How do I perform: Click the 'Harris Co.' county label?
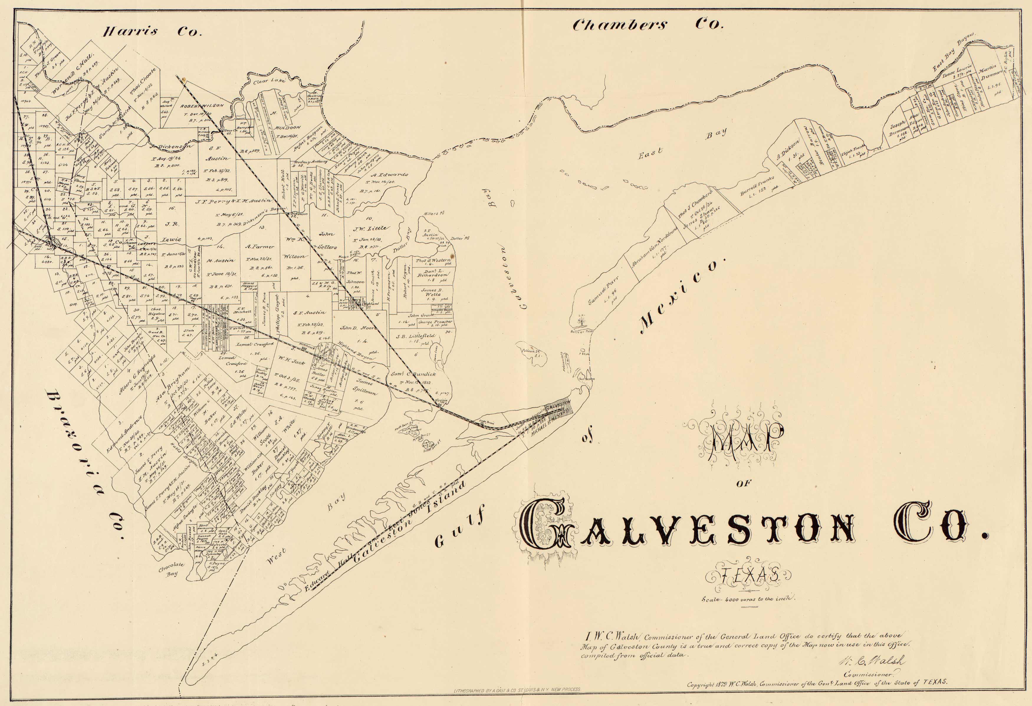(152, 32)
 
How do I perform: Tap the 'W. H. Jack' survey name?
(291, 362)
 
